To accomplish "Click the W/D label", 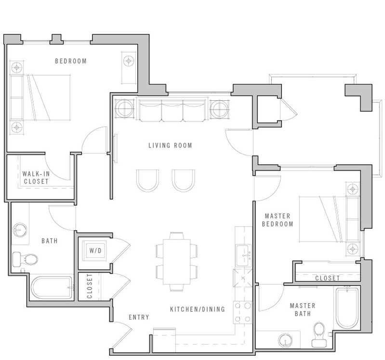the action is tap(95, 251).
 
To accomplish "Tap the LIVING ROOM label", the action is tap(170, 146).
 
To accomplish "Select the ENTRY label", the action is tap(139, 317).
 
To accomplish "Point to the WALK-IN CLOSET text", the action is tap(36, 177).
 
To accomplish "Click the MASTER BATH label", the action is tap(303, 310).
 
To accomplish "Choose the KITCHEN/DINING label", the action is tap(198, 309).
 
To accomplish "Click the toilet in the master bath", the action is tap(319, 334).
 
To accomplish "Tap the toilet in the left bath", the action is tap(25, 259).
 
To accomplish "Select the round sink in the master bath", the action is tap(286, 340).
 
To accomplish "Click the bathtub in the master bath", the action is tap(347, 308).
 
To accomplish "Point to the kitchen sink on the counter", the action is tap(243, 255).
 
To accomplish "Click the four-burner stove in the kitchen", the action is tap(242, 312).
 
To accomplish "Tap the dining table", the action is tap(176, 262).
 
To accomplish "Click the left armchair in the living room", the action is tap(147, 181).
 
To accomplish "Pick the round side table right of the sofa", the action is tap(219, 109).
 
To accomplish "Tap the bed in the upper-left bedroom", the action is tap(40, 97).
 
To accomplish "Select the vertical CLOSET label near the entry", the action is tap(89, 286).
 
